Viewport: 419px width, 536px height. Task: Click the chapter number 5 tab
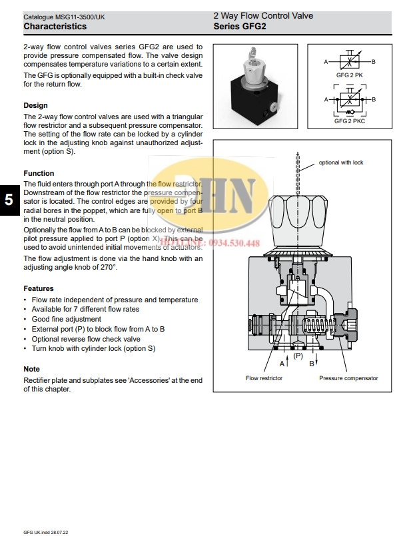coord(8,200)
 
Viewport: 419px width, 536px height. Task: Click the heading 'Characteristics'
coord(55,27)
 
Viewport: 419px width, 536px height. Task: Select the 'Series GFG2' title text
coord(240,27)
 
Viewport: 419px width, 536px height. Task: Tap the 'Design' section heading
coord(35,105)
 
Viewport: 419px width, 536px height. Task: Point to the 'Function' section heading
coord(39,173)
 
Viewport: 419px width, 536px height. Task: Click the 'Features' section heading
coord(39,288)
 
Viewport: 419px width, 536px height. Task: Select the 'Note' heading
coord(31,369)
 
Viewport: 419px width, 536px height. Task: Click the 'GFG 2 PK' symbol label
coord(349,75)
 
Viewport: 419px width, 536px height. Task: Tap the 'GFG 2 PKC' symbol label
coord(349,121)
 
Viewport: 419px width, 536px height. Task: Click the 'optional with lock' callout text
coord(340,162)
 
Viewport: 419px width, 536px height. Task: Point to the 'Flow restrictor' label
coord(264,378)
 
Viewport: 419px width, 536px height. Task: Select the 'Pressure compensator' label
coord(348,378)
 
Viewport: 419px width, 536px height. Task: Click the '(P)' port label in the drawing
coord(298,356)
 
